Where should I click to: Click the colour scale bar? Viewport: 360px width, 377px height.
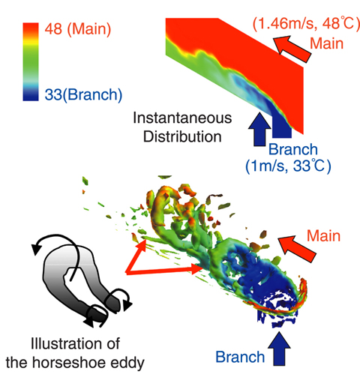coord(31,61)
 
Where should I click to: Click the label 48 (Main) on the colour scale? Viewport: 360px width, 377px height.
coord(78,28)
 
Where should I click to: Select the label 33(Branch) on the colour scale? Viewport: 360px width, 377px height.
coord(83,95)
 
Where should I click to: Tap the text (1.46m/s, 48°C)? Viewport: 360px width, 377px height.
coord(306,24)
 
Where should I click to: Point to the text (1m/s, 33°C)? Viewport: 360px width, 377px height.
coord(288,166)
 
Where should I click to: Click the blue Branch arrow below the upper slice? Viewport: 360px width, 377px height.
coord(260,129)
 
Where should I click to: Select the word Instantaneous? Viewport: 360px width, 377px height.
coord(182,118)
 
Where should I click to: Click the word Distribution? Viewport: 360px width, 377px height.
coord(182,136)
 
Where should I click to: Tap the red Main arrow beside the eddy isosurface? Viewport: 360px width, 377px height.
coord(297,249)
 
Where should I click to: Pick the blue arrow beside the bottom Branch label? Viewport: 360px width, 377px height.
coord(279,349)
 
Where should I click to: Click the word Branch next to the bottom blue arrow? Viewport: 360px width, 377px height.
coord(240,357)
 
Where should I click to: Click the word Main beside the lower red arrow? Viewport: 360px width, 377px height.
coord(323,235)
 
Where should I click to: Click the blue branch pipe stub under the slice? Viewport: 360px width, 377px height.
coord(282,127)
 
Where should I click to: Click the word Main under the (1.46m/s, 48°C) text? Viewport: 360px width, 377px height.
coord(326,43)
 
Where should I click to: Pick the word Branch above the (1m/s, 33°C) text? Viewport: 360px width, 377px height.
coord(293,149)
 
